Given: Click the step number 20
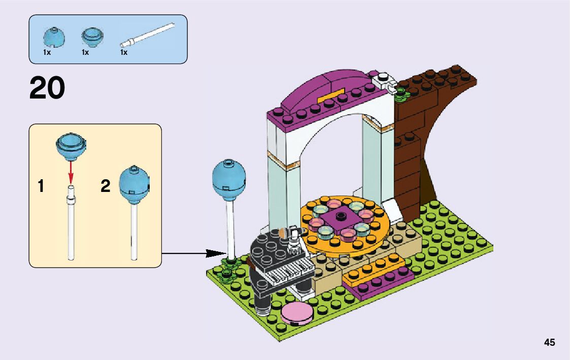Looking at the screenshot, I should [47, 88].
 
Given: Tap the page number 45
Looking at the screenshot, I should [549, 343].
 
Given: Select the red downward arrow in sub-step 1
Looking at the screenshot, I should [71, 171].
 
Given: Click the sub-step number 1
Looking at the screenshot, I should [41, 186].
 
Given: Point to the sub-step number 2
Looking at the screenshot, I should [105, 186].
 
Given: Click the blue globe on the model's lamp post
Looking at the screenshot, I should [229, 181].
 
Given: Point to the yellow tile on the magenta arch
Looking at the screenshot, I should [331, 95].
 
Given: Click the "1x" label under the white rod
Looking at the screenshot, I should [124, 52].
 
